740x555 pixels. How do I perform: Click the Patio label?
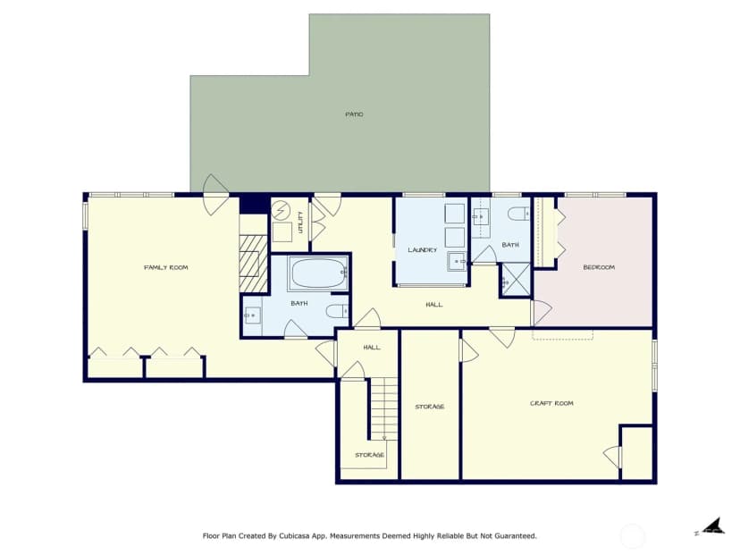(x=354, y=114)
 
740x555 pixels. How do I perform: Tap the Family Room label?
(x=165, y=267)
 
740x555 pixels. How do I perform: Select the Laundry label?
(x=423, y=249)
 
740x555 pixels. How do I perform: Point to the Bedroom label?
(x=599, y=267)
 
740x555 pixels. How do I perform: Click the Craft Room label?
(x=551, y=403)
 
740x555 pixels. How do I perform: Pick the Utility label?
(x=300, y=223)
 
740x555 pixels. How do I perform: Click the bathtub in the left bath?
(x=319, y=273)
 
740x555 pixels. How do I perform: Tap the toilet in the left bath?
(x=337, y=312)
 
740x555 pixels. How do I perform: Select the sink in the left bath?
(x=253, y=315)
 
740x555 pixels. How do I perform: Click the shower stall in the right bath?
(x=516, y=281)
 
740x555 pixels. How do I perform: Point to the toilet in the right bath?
(x=518, y=214)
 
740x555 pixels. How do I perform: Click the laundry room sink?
(x=457, y=261)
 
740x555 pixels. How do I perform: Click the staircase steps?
(x=383, y=408)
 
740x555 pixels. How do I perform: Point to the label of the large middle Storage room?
(x=430, y=407)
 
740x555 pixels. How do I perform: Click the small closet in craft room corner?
(x=637, y=453)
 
